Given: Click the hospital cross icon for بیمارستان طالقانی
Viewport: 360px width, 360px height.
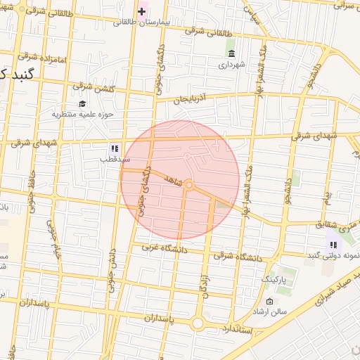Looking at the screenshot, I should pos(141,11).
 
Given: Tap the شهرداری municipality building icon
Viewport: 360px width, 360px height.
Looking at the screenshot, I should pos(231,53).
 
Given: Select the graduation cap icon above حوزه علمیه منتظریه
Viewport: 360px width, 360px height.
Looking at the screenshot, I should pos(82,103).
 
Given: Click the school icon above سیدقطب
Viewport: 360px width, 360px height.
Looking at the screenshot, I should pos(114,148).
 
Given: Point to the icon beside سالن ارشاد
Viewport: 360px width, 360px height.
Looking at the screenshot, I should pos(269,302).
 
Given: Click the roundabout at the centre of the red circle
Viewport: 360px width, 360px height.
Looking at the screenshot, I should pos(189,184).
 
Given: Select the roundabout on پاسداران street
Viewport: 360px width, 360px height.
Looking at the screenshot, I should pos(198,323).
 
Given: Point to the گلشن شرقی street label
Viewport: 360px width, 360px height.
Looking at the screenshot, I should pos(92,87).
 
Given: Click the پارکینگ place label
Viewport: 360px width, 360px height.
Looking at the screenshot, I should pos(275,280).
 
